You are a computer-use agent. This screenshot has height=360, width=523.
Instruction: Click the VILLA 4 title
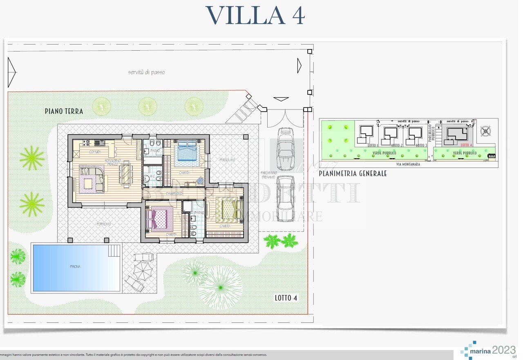255,16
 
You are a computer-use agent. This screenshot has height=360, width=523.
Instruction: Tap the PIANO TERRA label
64,111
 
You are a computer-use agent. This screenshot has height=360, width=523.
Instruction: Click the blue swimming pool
76,267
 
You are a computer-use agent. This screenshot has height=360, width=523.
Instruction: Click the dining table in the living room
125,173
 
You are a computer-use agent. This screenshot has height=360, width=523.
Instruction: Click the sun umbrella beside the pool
143,269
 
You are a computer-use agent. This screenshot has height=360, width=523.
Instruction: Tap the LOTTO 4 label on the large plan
286,298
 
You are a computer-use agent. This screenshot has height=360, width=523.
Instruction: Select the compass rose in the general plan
485,131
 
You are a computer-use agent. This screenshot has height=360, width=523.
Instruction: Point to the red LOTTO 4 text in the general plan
466,145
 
